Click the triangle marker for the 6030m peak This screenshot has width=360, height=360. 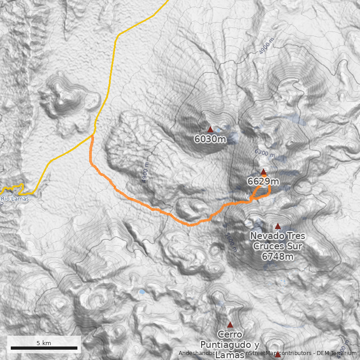(210, 130)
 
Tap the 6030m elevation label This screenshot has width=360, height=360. (210, 139)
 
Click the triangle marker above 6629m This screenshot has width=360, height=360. (263, 172)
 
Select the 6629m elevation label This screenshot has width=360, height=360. (263, 181)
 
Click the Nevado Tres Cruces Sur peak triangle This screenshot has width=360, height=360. (278, 226)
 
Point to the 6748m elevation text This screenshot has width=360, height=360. (278, 256)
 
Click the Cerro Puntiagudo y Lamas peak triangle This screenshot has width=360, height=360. (230, 325)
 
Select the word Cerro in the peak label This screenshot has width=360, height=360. (229, 335)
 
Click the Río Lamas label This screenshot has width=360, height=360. (15, 199)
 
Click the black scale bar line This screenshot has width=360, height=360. (44, 348)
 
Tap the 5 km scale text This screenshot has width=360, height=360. (44, 343)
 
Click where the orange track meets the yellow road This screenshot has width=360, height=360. (93, 135)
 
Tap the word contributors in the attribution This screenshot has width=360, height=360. (295, 353)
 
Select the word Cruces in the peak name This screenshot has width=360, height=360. (278, 246)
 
